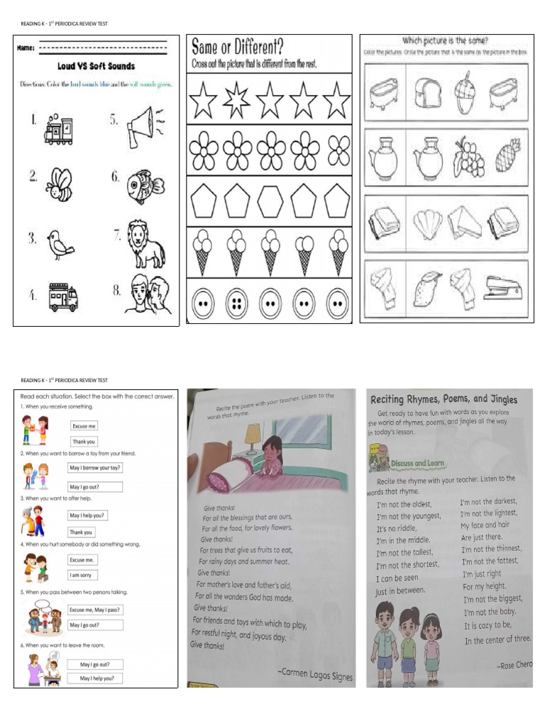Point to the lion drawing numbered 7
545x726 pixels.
(x=145, y=242)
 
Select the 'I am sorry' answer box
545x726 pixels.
(x=83, y=575)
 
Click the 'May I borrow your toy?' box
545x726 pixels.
(x=96, y=468)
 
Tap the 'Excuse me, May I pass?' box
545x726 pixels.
(x=95, y=609)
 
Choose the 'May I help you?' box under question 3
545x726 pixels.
(x=89, y=515)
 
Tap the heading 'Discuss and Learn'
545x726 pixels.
(x=417, y=463)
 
